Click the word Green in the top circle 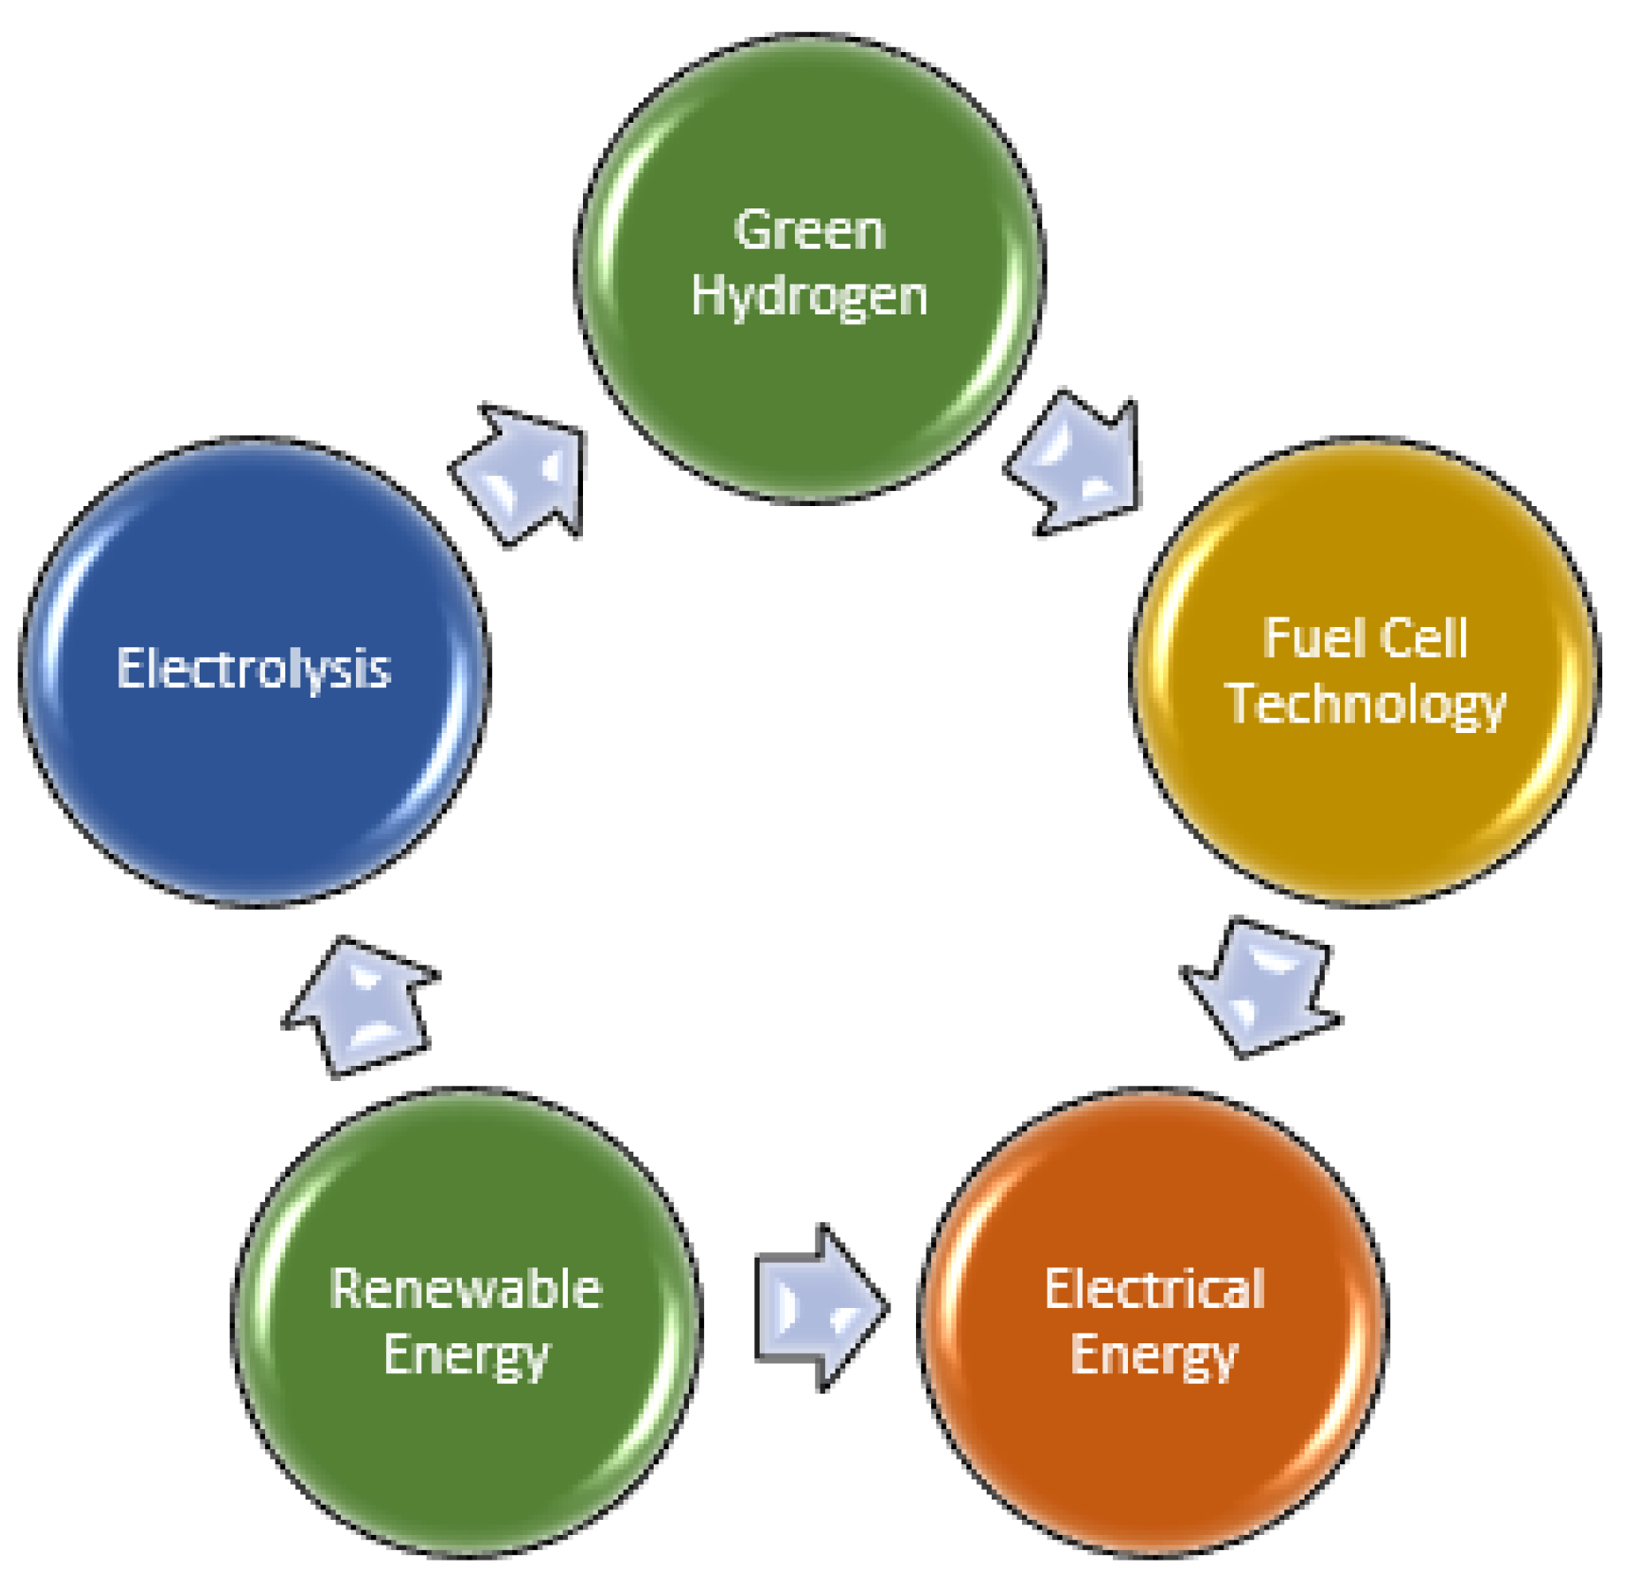[808, 231]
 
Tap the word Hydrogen [808, 297]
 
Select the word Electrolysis [254, 669]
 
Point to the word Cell [1423, 638]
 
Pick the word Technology [1366, 705]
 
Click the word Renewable [465, 1289]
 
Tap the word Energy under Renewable [465, 1356]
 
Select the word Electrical [1154, 1289]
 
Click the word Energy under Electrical [1154, 1356]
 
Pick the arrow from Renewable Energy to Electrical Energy [818, 1307]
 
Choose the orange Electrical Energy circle [1154, 1457]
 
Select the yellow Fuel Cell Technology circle [1366, 795]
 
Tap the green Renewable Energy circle [465, 1457]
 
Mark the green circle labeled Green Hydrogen [808, 397]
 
